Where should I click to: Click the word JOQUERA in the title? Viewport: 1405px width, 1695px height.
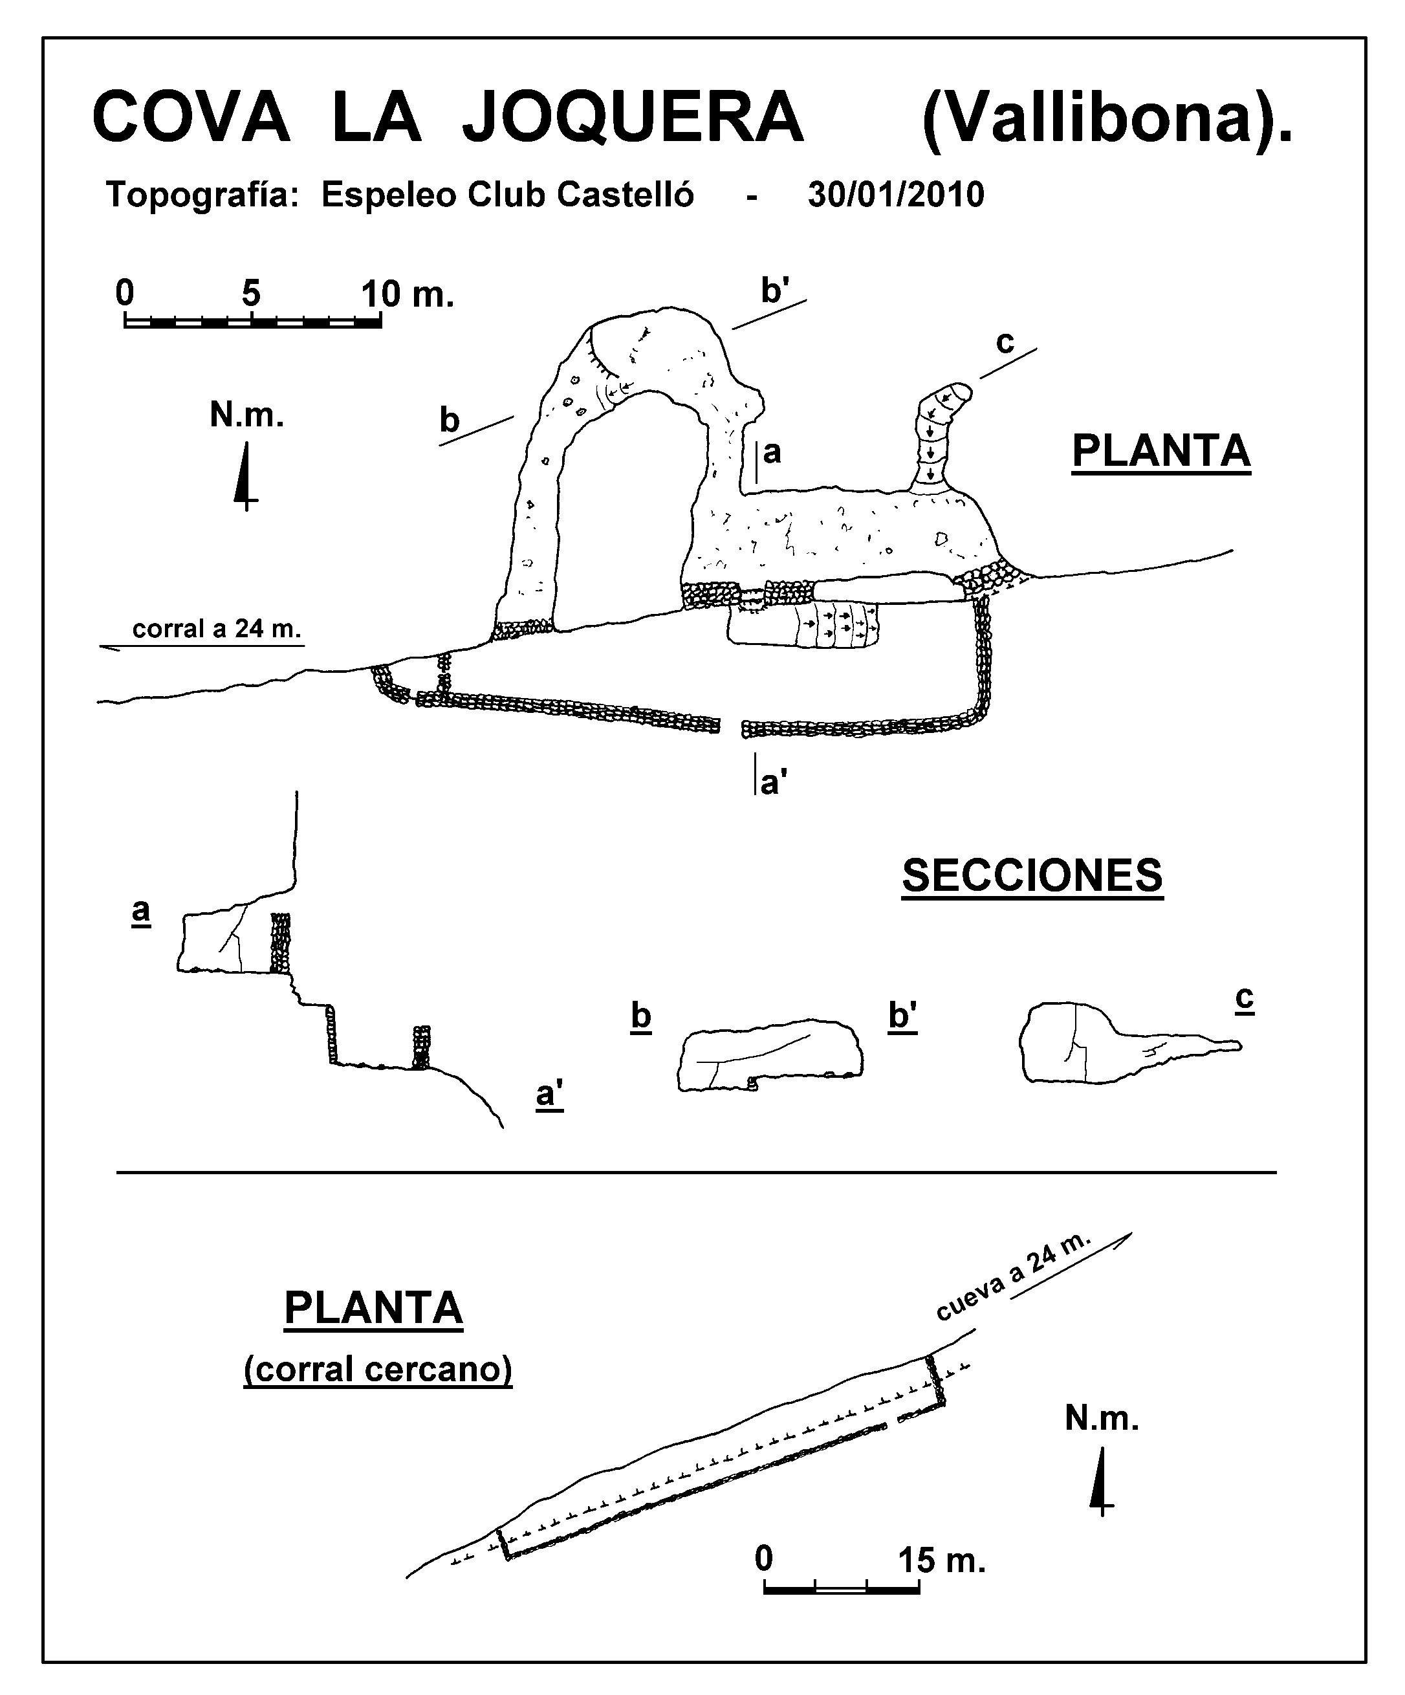[x=633, y=118]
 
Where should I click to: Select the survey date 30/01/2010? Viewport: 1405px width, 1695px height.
[x=896, y=195]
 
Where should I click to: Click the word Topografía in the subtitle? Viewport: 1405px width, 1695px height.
[x=202, y=195]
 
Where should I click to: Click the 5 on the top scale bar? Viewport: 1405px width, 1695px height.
[x=251, y=293]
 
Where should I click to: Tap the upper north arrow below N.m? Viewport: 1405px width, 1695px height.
[x=245, y=476]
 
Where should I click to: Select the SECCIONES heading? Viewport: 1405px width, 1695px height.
[x=1032, y=876]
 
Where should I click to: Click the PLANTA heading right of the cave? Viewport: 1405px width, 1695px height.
[x=1161, y=450]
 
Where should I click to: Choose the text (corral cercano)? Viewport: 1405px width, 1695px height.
[x=378, y=1370]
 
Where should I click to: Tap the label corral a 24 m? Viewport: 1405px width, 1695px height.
[x=215, y=629]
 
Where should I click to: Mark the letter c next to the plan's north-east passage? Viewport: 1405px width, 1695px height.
[x=1005, y=342]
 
